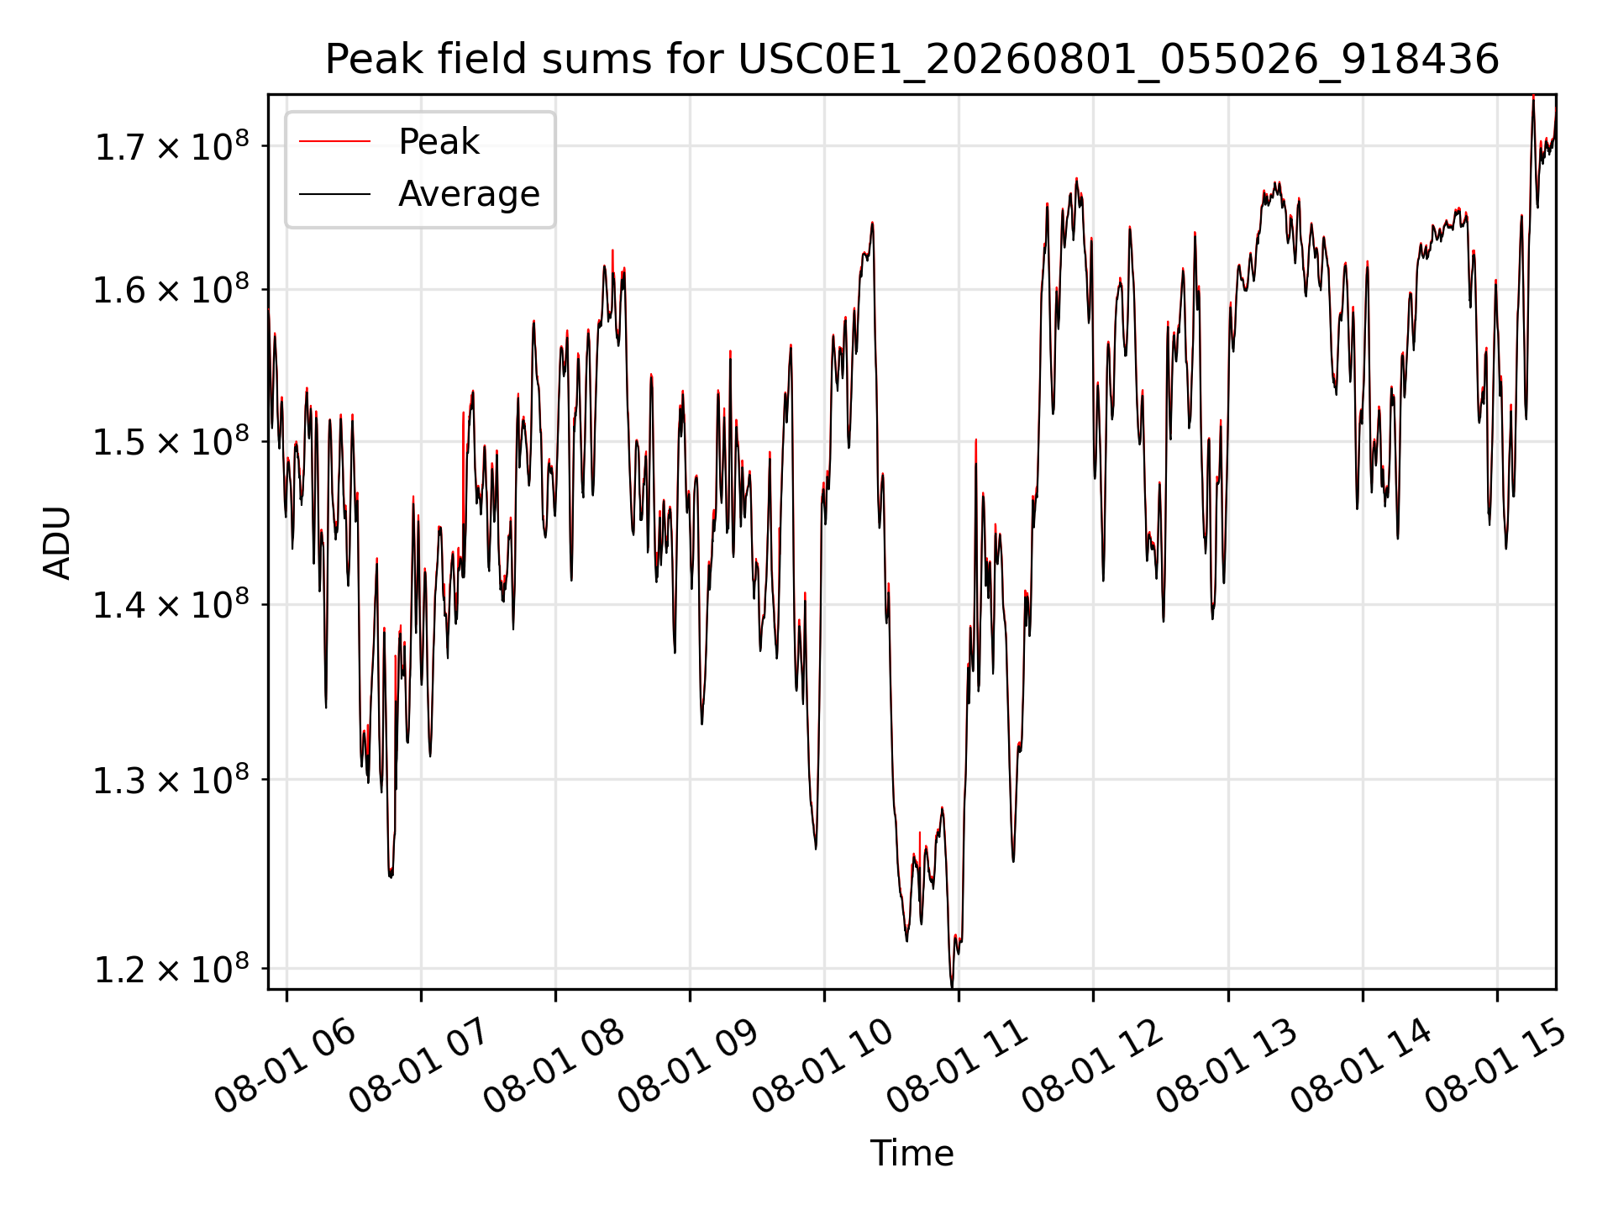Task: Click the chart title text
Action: [912, 60]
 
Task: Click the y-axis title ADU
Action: [57, 543]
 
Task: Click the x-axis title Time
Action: [912, 1154]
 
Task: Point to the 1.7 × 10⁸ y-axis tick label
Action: [171, 147]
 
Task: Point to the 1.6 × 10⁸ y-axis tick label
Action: [171, 291]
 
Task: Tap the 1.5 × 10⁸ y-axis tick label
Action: [171, 442]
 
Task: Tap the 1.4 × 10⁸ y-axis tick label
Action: [171, 605]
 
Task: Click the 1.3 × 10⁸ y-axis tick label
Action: [171, 781]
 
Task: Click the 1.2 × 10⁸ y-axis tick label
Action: [171, 970]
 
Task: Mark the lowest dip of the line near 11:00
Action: [952, 986]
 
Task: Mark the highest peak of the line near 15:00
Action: [1533, 97]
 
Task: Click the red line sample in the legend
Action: [334, 142]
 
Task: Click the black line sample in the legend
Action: [334, 194]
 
